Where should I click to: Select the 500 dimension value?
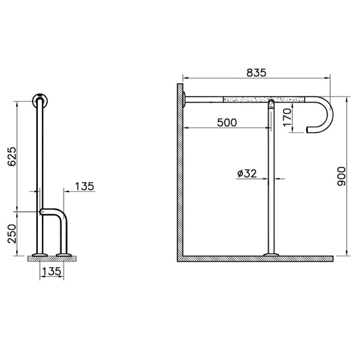pyautogui.click(x=226, y=122)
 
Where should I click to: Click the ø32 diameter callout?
pyautogui.click(x=247, y=173)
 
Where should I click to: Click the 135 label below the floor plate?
pyautogui.click(x=52, y=271)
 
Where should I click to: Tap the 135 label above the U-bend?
pyautogui.click(x=84, y=186)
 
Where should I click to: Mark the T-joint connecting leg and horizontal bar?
pyautogui.click(x=271, y=102)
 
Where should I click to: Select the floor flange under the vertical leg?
pyautogui.click(x=271, y=256)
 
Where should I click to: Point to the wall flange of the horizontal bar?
pyautogui.click(x=187, y=99)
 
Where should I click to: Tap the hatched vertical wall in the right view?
pyautogui.click(x=179, y=174)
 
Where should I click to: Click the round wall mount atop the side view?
pyautogui.click(x=40, y=98)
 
